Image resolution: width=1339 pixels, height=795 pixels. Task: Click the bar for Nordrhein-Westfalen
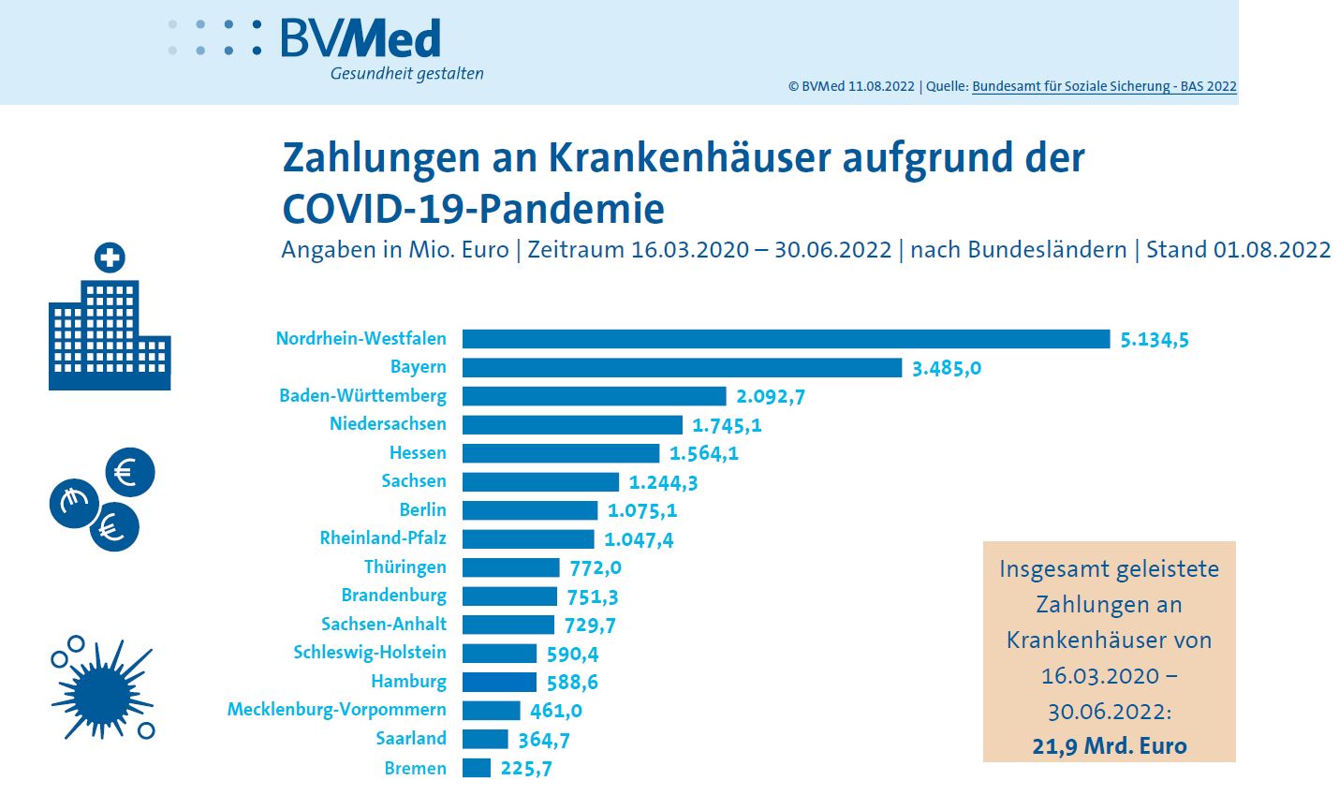[x=786, y=339]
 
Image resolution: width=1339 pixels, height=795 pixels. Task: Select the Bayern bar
[x=682, y=367]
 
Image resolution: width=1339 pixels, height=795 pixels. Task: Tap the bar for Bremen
[x=477, y=768]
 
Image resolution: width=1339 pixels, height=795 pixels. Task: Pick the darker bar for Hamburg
[x=499, y=682]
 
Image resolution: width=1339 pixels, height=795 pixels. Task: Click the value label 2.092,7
[x=771, y=396]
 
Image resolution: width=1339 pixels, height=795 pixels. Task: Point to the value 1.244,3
[x=663, y=482]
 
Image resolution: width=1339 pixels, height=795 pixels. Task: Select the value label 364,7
[x=544, y=740]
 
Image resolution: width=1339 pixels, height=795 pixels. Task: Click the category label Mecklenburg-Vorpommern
[x=336, y=710]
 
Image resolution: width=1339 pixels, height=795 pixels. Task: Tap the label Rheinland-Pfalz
[x=383, y=538]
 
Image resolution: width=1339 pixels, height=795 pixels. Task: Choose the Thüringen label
[x=405, y=567]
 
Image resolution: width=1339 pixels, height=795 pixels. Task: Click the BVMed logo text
[x=360, y=39]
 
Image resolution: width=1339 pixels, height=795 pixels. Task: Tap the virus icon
[x=102, y=689]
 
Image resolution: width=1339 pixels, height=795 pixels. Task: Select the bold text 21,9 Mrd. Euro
[x=1110, y=746]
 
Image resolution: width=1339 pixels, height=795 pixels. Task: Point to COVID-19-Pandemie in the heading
[x=473, y=208]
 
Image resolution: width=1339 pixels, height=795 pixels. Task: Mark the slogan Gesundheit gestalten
[x=406, y=74]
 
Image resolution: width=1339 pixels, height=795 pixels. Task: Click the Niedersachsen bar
[x=572, y=425]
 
